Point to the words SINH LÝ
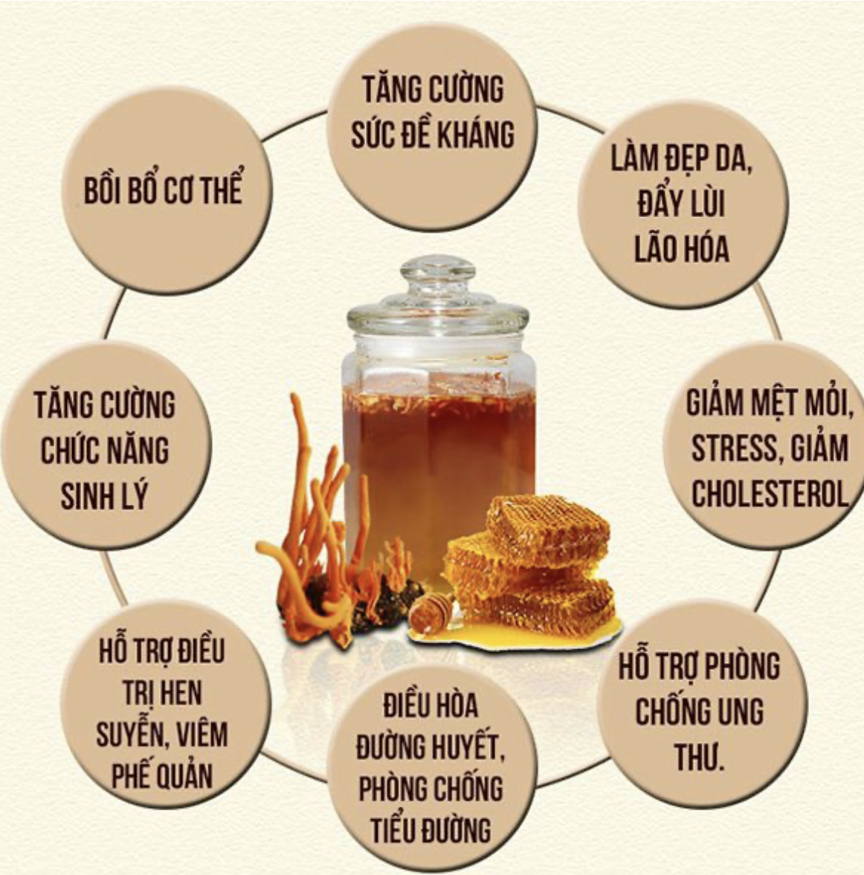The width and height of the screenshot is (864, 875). pos(104,495)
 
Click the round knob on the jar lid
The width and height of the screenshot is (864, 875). pos(438,272)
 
